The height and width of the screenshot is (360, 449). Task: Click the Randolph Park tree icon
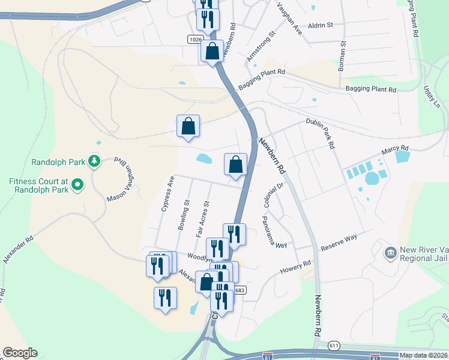pyautogui.click(x=94, y=161)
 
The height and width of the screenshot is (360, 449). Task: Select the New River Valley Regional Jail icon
pyautogui.click(x=390, y=251)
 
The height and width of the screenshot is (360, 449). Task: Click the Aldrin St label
pyautogui.click(x=320, y=25)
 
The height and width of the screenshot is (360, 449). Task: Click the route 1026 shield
pyautogui.click(x=194, y=39)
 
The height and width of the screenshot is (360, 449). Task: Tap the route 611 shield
pyautogui.click(x=334, y=345)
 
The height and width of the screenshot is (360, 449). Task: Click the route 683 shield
pyautogui.click(x=240, y=290)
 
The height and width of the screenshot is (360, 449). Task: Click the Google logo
pyautogui.click(x=20, y=353)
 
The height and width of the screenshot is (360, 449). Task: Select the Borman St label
pyautogui.click(x=343, y=56)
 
